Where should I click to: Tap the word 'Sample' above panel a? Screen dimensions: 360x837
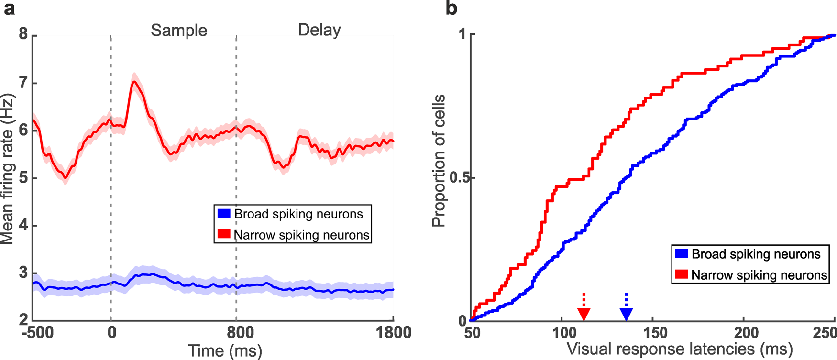coord(179,31)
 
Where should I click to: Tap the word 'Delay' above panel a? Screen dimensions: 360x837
coord(319,30)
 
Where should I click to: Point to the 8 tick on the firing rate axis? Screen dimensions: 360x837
coord(23,35)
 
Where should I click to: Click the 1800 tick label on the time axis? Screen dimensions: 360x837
coord(392,333)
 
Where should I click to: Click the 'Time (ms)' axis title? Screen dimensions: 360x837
coord(225,351)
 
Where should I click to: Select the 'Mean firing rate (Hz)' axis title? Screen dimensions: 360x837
coord(8,169)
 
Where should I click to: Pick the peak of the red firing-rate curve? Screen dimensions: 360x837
coord(134,82)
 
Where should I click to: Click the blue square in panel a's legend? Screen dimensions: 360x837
coord(224,213)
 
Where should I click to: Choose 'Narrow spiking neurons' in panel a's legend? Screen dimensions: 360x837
coord(301,235)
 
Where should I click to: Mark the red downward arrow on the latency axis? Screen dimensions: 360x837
coord(584,314)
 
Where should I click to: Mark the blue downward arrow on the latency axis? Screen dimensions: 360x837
coord(626,314)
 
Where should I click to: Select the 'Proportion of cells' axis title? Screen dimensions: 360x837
coord(439,161)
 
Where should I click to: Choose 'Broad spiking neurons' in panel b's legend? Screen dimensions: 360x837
coord(756,254)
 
